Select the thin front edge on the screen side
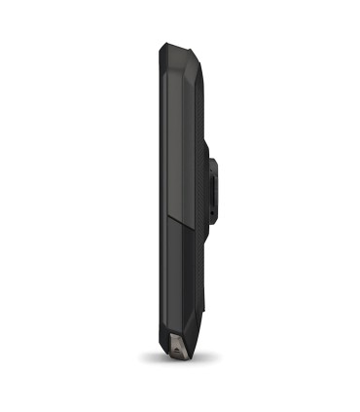click(x=152, y=195)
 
